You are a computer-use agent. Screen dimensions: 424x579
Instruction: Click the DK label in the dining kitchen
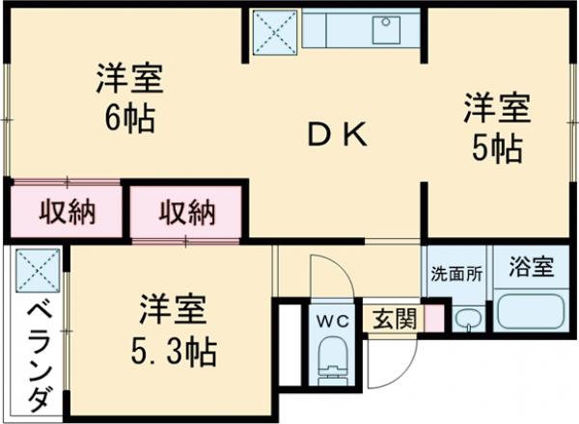click(337, 136)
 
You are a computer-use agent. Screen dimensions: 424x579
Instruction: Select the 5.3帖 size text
click(174, 349)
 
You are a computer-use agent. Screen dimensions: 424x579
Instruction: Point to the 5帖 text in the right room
click(496, 148)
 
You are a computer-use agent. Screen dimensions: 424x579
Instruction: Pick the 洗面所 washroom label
click(455, 271)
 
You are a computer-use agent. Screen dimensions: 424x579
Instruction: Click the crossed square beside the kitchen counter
click(276, 32)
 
